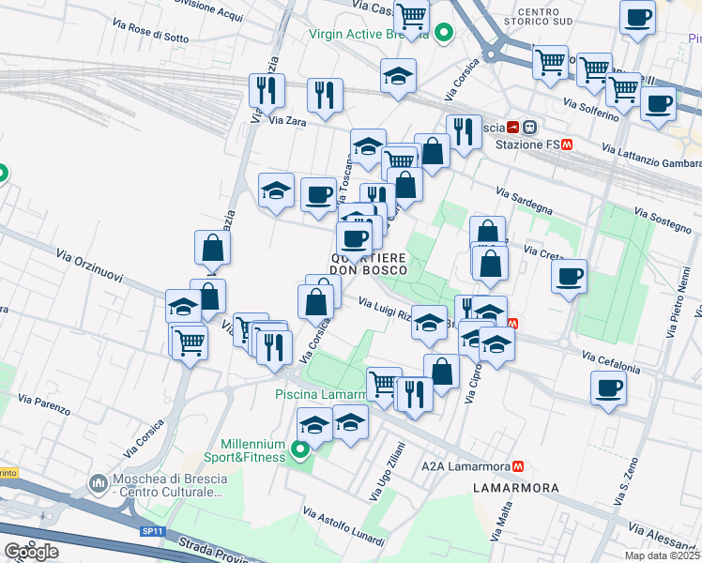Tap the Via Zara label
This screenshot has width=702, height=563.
click(288, 120)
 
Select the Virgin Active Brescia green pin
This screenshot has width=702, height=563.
click(445, 34)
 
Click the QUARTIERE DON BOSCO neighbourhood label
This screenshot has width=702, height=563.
click(367, 264)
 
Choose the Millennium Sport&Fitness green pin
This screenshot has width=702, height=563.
click(300, 451)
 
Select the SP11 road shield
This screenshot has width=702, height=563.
click(152, 531)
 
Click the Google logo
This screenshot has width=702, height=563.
click(31, 552)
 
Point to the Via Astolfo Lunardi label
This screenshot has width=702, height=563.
click(343, 526)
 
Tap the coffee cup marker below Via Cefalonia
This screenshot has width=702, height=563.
click(608, 387)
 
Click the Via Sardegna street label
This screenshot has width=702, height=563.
click(525, 200)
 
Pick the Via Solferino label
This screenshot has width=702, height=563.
click(591, 108)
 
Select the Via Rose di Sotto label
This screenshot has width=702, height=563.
click(150, 33)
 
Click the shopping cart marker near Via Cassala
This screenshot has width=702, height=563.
click(411, 16)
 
